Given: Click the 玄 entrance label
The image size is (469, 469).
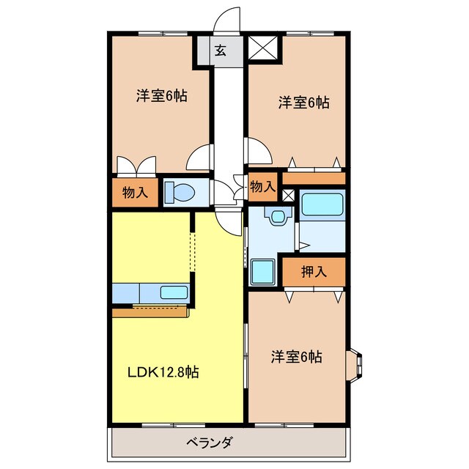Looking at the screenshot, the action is tap(221, 51).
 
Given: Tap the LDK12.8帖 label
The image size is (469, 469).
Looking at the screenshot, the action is tap(163, 372).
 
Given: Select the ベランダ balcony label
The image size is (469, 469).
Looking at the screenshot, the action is tap(210, 442).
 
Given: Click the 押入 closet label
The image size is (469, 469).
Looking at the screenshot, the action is tap(314, 272).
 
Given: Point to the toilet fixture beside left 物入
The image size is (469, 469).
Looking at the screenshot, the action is tap(180, 192).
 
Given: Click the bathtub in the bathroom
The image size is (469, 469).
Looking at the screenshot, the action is tap(322, 205).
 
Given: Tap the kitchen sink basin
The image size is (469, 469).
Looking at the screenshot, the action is tap(174, 292).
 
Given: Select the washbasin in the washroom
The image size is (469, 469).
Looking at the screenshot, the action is tap(278, 216).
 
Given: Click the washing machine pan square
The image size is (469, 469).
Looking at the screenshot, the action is tap(263, 272).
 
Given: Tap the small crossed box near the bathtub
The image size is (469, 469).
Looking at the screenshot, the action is tap(288, 196).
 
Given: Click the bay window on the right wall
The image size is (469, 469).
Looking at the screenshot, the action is tap(354, 365).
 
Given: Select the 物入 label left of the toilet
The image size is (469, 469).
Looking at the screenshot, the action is tap(135, 192).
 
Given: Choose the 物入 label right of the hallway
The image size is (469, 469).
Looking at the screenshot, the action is tap(262, 186).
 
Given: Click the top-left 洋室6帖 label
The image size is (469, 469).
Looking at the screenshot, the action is tap(162, 95).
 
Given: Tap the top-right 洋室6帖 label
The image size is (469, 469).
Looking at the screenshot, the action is tap(304, 103).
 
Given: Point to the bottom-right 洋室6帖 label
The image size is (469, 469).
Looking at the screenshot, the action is tap(297, 357).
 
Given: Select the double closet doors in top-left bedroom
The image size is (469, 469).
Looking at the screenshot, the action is tap(136, 166).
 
